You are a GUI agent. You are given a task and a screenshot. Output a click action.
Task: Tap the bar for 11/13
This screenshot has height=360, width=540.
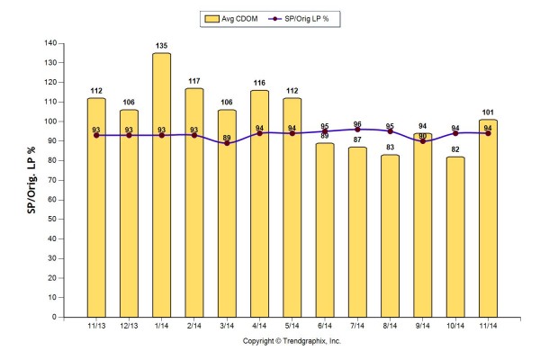[x=96, y=207]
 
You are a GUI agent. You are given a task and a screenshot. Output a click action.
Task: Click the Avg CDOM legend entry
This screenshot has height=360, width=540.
[x=231, y=18]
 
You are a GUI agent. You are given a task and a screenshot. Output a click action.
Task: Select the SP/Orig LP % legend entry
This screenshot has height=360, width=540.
[x=302, y=18]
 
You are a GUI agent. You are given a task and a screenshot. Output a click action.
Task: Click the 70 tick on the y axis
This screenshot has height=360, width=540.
[x=53, y=180]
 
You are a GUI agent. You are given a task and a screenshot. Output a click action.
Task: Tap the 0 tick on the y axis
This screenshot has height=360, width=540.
[x=56, y=317]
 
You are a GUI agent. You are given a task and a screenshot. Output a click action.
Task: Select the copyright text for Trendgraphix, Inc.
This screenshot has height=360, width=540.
[x=292, y=342]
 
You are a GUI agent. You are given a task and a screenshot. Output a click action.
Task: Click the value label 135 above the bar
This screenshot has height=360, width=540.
[x=162, y=47]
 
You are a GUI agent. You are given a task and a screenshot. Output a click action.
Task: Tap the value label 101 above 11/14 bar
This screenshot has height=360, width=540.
[x=488, y=113]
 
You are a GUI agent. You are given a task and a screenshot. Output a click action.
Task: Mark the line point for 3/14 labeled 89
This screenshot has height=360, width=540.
[x=227, y=143]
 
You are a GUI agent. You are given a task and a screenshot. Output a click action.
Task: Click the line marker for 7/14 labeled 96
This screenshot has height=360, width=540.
[x=357, y=130]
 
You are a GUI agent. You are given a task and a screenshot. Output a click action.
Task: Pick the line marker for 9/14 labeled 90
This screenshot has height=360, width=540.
[x=423, y=141]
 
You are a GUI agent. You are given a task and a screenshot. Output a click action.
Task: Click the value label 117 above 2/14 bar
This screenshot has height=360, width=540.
[x=194, y=82]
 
